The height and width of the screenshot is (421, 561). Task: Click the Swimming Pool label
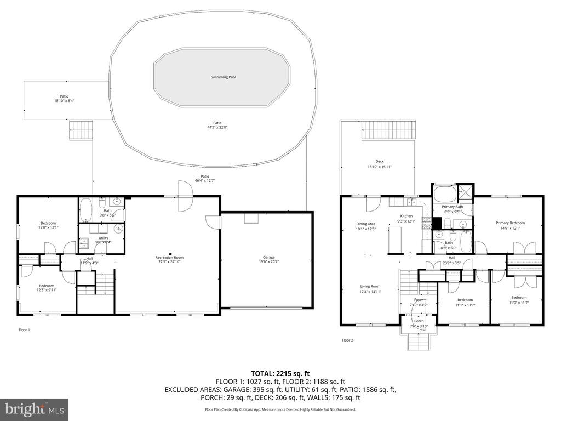pos(223,77)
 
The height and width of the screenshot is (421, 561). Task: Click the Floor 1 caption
pos(24,329)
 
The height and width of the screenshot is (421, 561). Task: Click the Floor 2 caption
pos(347,340)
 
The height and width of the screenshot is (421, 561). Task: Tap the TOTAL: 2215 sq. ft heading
pos(280,373)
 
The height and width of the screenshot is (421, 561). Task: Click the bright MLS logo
pos(34,409)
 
